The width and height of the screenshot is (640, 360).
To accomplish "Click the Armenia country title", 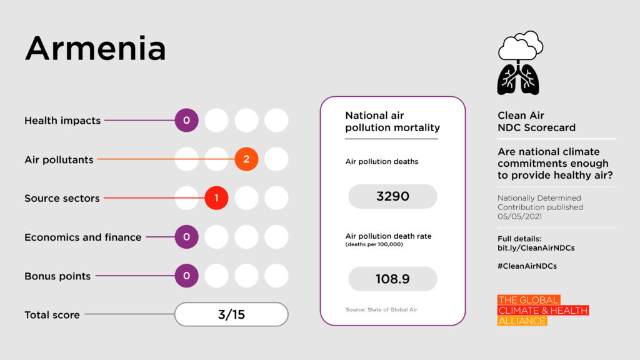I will pos(95,48).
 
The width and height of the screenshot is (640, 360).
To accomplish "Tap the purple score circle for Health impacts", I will pos(186,120).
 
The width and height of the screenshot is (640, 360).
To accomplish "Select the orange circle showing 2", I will pos(246,159).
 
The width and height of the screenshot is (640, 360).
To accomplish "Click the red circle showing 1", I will pos(216,198).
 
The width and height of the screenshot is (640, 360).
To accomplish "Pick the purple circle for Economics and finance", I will pos(186,237).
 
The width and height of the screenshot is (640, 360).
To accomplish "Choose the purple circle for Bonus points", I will pos(186,276).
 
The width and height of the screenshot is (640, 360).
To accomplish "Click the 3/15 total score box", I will pos(231,314).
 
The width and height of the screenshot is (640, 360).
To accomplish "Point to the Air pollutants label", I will pos(59,160).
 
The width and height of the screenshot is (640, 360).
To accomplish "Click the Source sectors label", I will pos(62,199).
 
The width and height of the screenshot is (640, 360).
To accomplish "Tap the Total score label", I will pos(52,315).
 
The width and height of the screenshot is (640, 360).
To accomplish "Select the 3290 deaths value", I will pos(392,196).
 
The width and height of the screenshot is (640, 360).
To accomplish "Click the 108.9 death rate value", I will pos(392,279).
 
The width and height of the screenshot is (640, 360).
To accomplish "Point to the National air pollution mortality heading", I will pos(392,122).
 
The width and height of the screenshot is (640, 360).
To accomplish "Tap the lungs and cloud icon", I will pos(519,63).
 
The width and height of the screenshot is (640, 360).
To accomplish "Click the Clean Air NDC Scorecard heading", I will pos(536,121).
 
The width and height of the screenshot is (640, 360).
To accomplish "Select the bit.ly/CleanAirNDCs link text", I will pos(536,248).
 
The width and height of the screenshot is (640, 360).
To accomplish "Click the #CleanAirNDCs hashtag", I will pos(527,266).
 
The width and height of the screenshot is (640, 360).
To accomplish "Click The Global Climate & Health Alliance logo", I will pos(542,310).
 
